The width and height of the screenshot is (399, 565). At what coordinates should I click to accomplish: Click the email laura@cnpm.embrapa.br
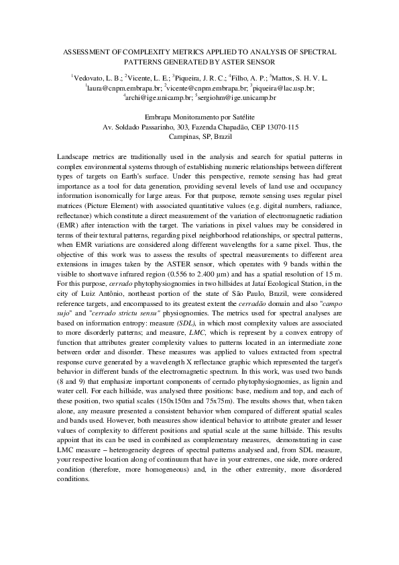pos(125,88)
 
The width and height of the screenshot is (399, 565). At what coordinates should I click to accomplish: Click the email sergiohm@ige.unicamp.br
pos(237,97)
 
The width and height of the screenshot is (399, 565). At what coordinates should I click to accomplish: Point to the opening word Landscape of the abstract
pos(73,157)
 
